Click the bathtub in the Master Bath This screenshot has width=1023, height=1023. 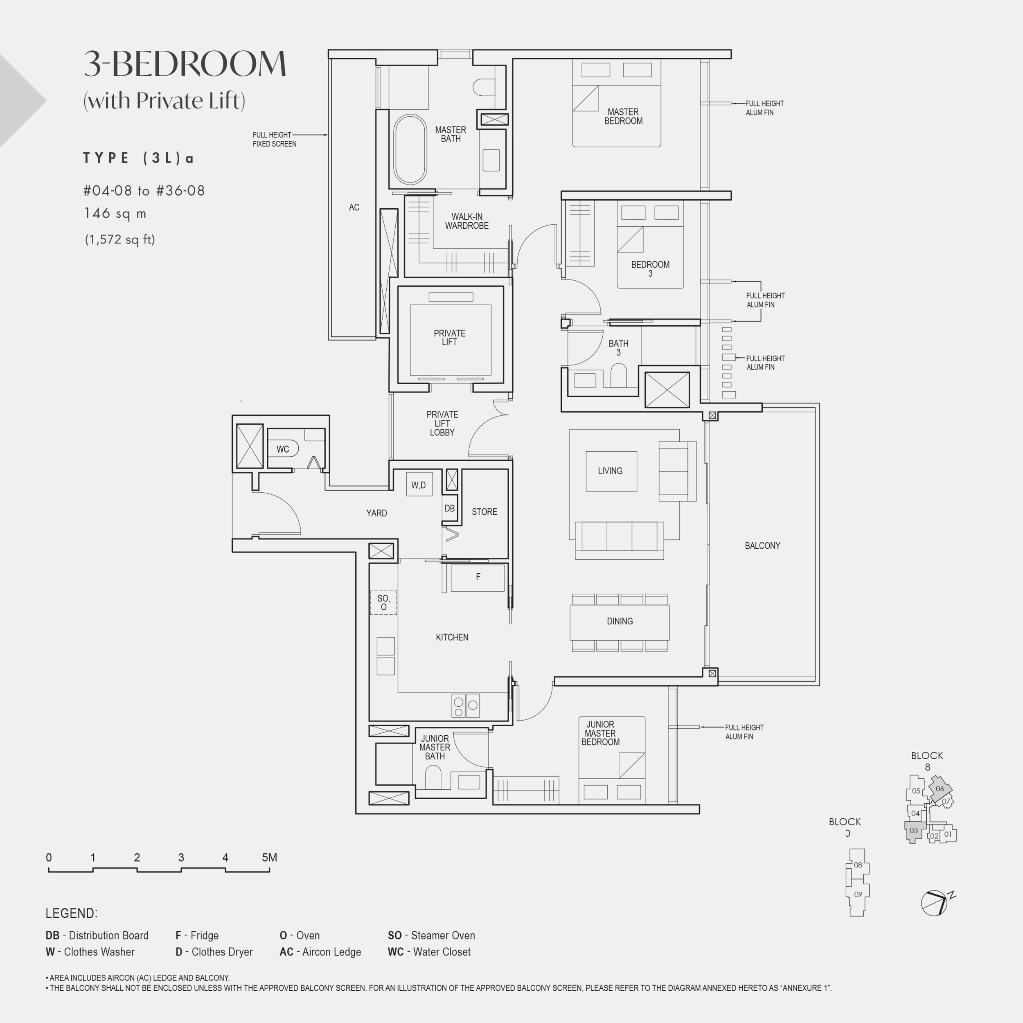(410, 149)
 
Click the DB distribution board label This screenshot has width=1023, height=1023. (450, 508)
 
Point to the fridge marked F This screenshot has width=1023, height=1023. (478, 577)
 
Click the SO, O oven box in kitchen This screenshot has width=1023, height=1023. (383, 603)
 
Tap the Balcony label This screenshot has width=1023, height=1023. (762, 546)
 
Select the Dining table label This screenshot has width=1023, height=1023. (620, 621)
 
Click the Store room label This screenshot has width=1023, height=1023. (484, 512)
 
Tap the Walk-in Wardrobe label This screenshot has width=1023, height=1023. (466, 221)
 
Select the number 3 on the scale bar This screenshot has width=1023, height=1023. (181, 857)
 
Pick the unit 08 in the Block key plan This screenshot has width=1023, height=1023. (858, 865)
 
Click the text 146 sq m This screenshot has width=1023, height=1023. (115, 213)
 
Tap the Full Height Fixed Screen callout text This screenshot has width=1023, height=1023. (274, 139)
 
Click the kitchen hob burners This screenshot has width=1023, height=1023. (465, 705)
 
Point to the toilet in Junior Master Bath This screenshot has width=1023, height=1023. (433, 778)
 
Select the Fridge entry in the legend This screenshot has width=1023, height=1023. (197, 935)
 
